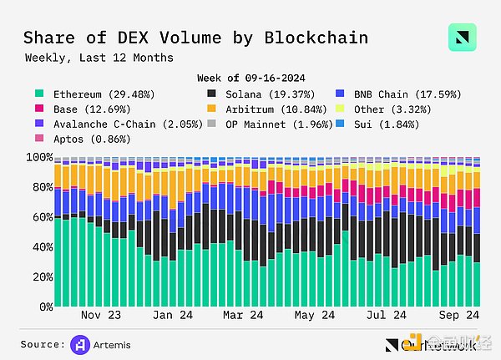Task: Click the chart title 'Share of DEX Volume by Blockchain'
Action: click(x=195, y=38)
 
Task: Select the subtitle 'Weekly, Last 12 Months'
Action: click(x=99, y=58)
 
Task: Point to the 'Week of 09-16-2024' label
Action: click(x=250, y=78)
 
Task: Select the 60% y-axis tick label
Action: click(x=38, y=217)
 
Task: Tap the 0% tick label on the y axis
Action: click(x=41, y=307)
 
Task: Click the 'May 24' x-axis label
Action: click(x=316, y=316)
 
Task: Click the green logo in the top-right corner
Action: click(x=461, y=38)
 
